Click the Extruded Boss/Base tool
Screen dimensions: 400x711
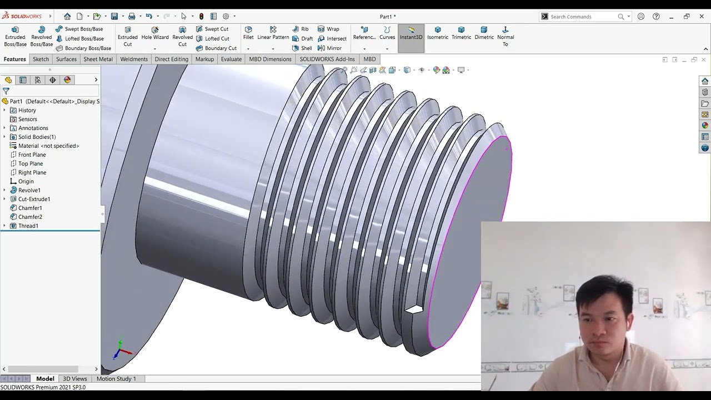[15, 36]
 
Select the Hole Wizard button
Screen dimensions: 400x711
[155, 33]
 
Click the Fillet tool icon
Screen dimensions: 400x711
[248, 33]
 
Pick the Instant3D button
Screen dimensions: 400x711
[411, 33]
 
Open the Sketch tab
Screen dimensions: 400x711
[41, 59]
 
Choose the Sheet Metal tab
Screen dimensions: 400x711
[98, 59]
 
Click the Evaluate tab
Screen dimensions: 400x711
[231, 59]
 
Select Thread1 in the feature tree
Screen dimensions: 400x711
[28, 226]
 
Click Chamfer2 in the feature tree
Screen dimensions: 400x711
[30, 217]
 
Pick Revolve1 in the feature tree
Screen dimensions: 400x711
[29, 191]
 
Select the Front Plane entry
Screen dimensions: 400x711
[32, 155]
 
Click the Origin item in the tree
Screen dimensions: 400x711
[26, 182]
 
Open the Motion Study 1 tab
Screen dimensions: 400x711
[116, 379]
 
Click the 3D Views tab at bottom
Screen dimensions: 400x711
[74, 379]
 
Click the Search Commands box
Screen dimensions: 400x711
[583, 17]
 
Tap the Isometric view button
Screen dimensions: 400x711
[438, 33]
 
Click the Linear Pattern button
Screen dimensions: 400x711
[273, 33]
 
